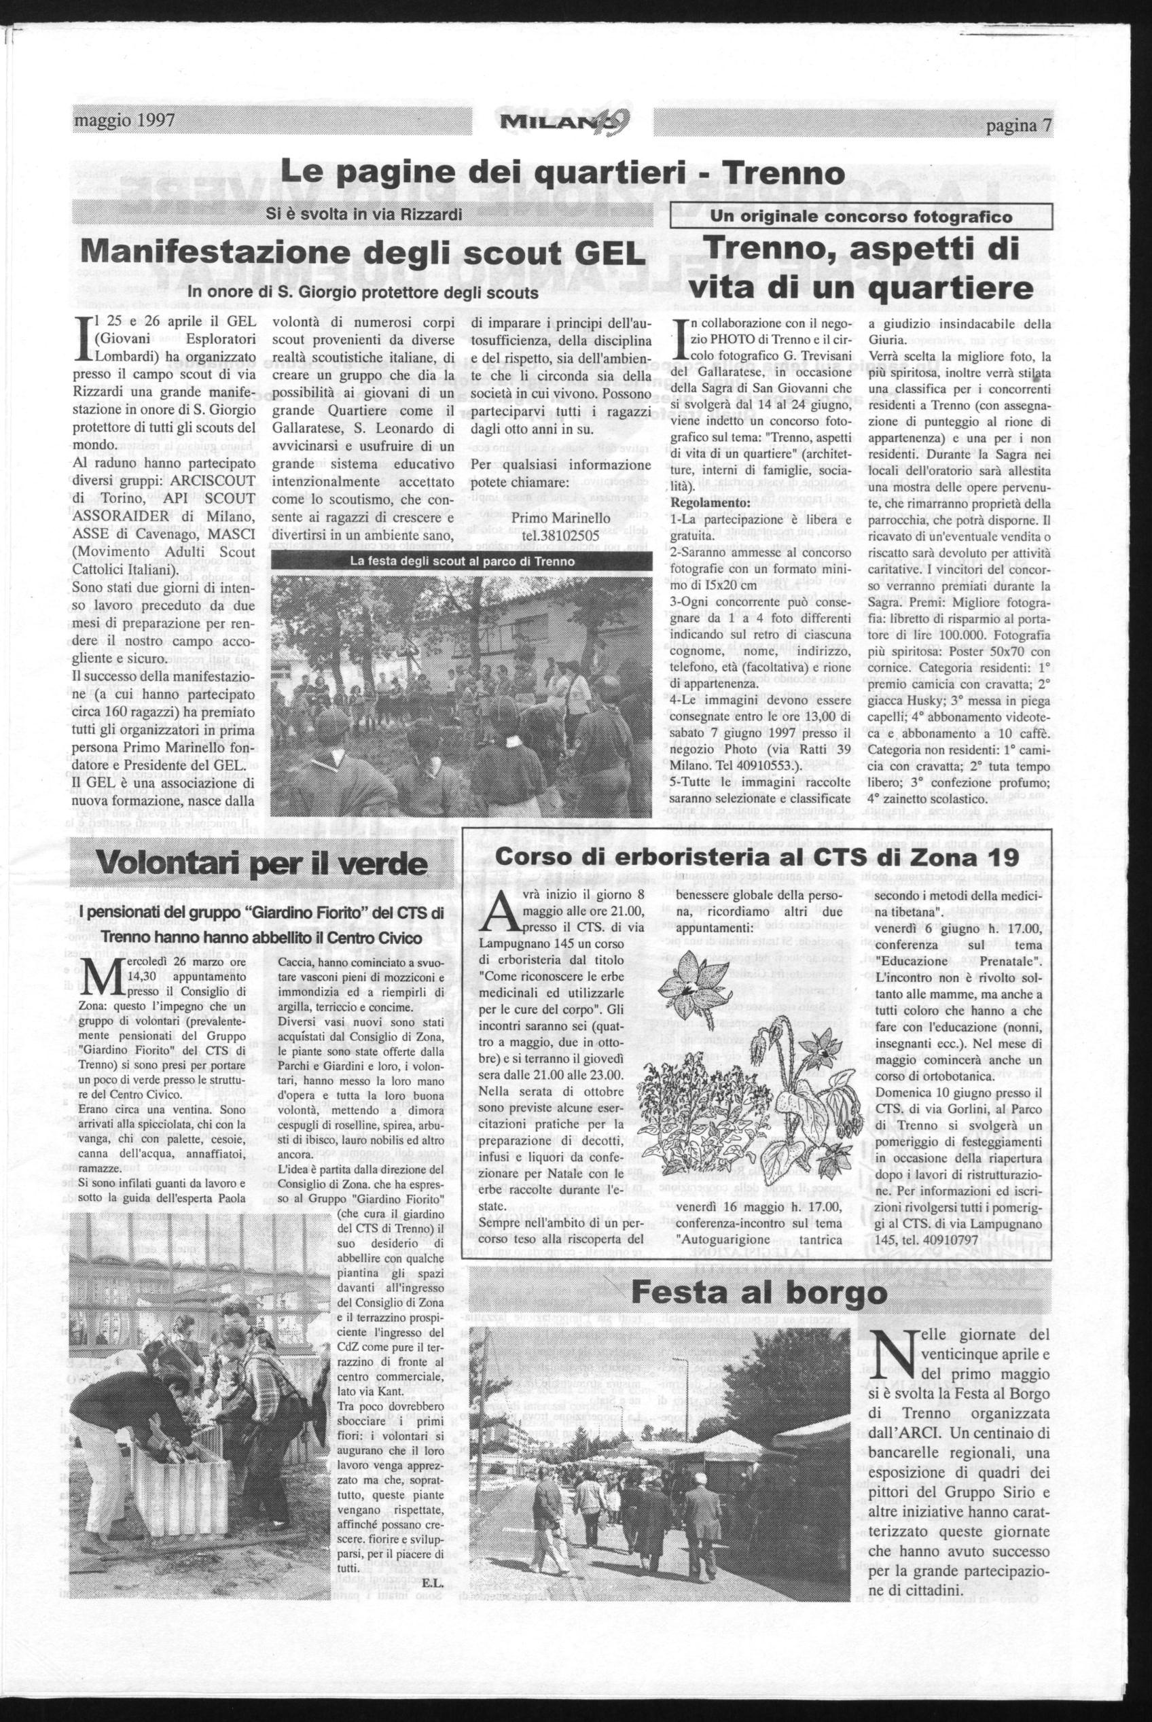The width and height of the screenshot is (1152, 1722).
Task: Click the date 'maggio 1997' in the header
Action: [124, 120]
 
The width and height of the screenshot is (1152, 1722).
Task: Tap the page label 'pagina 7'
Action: [1019, 125]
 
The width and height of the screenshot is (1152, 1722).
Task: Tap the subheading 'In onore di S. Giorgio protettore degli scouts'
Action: [363, 292]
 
